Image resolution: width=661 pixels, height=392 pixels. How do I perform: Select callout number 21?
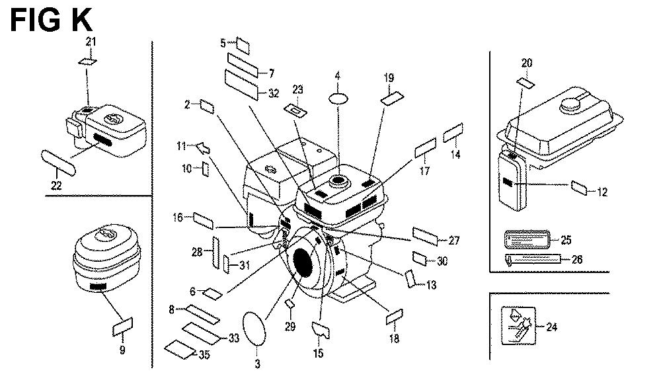pos(91,42)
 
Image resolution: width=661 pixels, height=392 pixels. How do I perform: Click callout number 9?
pos(122,350)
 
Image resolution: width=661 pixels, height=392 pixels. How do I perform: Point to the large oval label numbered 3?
pos(254,328)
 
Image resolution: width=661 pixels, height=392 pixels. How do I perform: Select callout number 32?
pos(273,93)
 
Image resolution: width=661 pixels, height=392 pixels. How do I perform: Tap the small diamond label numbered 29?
pos(289,303)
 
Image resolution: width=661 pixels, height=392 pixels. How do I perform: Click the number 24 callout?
pos(552,326)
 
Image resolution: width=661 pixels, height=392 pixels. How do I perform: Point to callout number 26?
pos(577,259)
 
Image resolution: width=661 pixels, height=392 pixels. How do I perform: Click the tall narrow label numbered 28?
pos(214,252)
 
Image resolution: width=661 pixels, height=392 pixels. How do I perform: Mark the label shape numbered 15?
pos(321,328)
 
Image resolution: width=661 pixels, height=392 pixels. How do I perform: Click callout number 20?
pos(527,63)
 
